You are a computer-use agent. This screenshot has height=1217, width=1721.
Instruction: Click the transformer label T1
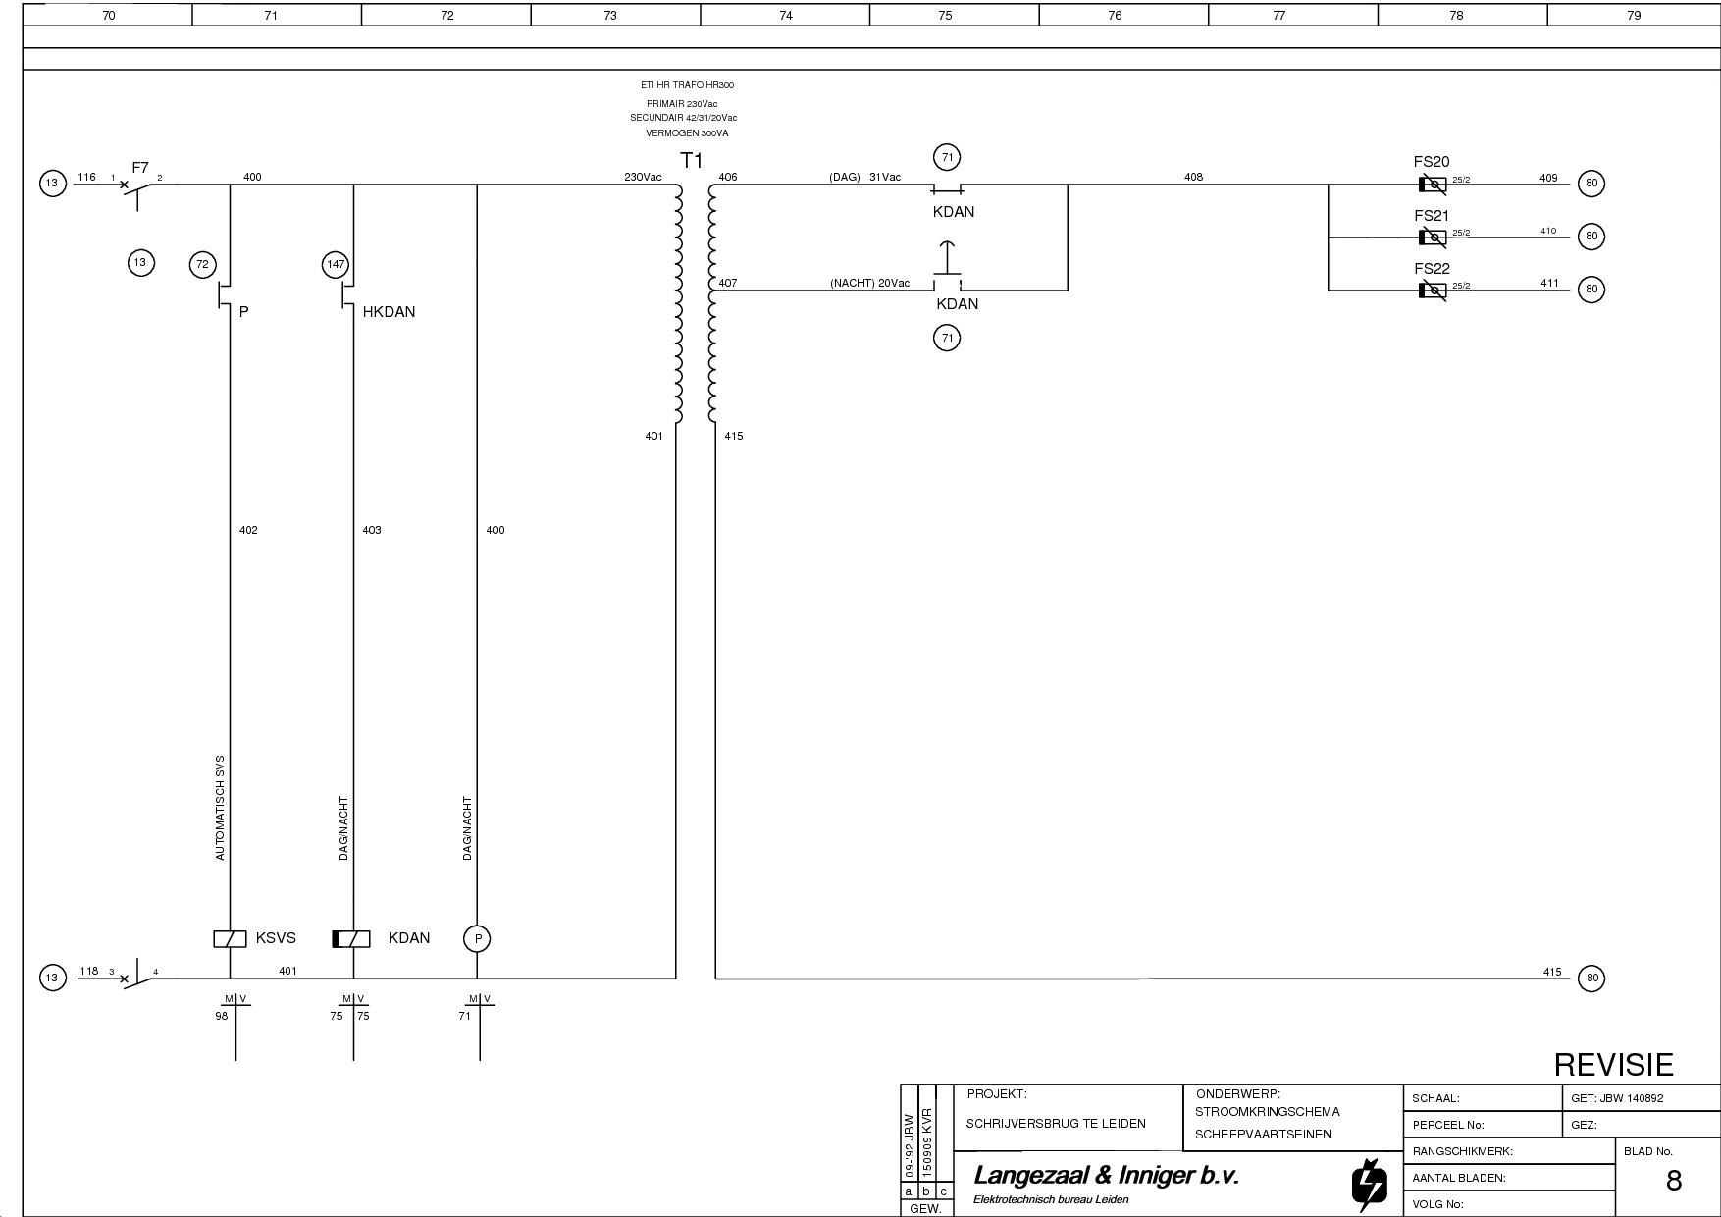[x=692, y=160]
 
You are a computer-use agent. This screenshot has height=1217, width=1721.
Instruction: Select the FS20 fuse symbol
[x=1433, y=184]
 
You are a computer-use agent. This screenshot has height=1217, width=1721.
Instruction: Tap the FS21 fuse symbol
[x=1433, y=237]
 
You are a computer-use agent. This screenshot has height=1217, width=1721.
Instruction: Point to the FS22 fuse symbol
[x=1433, y=290]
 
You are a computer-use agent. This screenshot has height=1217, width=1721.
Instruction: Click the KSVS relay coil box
[x=230, y=939]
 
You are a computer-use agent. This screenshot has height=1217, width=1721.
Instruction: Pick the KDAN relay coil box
[x=351, y=939]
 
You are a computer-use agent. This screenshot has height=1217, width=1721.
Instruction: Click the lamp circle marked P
[x=477, y=939]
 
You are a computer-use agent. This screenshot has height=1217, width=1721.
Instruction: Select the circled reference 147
[x=336, y=264]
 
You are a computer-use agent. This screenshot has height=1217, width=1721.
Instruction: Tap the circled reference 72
[x=203, y=264]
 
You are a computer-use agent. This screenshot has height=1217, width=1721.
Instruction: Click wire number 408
[x=1193, y=178]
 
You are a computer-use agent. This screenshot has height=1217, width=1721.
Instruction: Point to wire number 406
[x=728, y=178]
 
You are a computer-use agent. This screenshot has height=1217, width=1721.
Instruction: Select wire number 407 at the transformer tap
[x=728, y=283]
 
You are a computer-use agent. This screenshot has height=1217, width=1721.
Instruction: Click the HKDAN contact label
[x=389, y=312]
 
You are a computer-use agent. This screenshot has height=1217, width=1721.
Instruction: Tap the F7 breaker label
[x=140, y=168]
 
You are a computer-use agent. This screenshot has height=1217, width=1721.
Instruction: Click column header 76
[x=1115, y=15]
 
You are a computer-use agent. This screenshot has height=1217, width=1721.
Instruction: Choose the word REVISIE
[x=1614, y=1065]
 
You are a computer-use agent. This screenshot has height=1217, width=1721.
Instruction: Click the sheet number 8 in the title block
[x=1674, y=1181]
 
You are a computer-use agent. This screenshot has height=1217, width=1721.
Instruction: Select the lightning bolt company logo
[x=1370, y=1185]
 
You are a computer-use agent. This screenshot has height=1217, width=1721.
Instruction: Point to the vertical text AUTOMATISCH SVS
[x=220, y=808]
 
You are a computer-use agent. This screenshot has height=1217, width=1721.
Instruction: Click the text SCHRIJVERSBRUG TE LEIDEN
[x=1056, y=1124]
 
